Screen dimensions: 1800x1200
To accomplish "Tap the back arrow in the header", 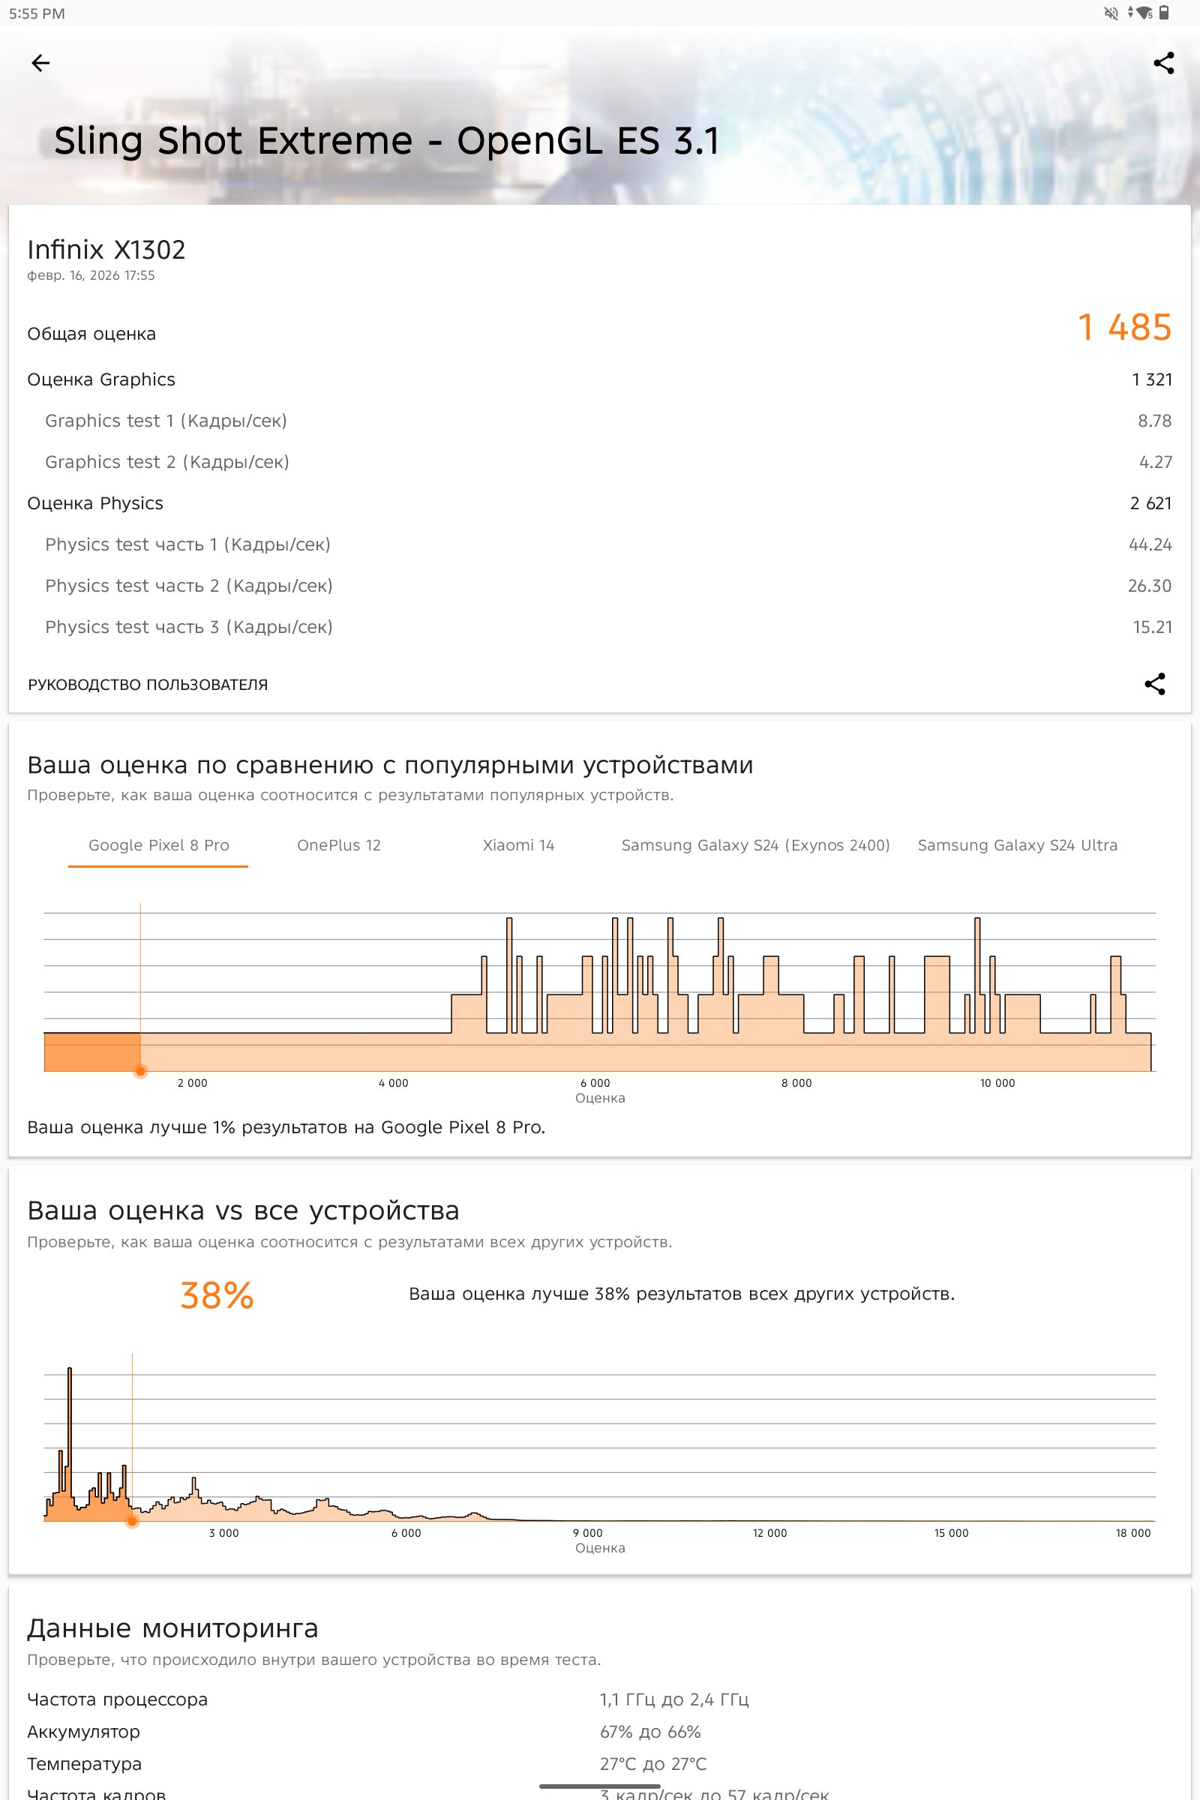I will (x=40, y=63).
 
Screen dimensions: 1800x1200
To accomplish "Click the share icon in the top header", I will (x=1163, y=63).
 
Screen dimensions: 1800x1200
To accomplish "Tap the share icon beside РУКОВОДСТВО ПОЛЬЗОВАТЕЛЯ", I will (x=1154, y=683).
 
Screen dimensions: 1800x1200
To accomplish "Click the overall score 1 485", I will (x=1124, y=328).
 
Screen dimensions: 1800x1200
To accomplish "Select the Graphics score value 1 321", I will (x=1152, y=379).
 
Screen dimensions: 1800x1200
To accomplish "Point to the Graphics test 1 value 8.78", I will (x=1154, y=421).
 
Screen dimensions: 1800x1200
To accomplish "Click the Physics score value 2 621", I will (x=1150, y=503).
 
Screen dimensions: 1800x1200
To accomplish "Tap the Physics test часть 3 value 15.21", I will (x=1152, y=628).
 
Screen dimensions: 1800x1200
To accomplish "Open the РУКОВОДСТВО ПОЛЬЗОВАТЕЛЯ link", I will (x=148, y=685).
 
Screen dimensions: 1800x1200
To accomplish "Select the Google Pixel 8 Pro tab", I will (x=158, y=845).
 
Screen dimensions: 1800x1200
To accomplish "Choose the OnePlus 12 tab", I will (x=338, y=845).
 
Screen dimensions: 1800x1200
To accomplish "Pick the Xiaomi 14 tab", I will (x=518, y=845).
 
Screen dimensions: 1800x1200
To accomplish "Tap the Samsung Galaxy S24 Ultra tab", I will (x=1017, y=845).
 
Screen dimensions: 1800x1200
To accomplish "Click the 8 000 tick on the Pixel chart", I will (x=796, y=1083).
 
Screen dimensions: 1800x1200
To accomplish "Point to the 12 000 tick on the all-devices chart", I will (x=769, y=1533).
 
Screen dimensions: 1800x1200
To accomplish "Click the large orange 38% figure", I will (x=217, y=1296).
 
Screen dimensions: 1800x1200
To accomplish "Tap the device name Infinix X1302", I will (x=106, y=250).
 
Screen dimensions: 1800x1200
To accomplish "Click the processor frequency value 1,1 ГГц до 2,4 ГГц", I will (x=673, y=1699).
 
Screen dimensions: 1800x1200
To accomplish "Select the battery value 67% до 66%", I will (x=649, y=1732).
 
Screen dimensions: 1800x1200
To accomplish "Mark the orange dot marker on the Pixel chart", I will (x=140, y=1072).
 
